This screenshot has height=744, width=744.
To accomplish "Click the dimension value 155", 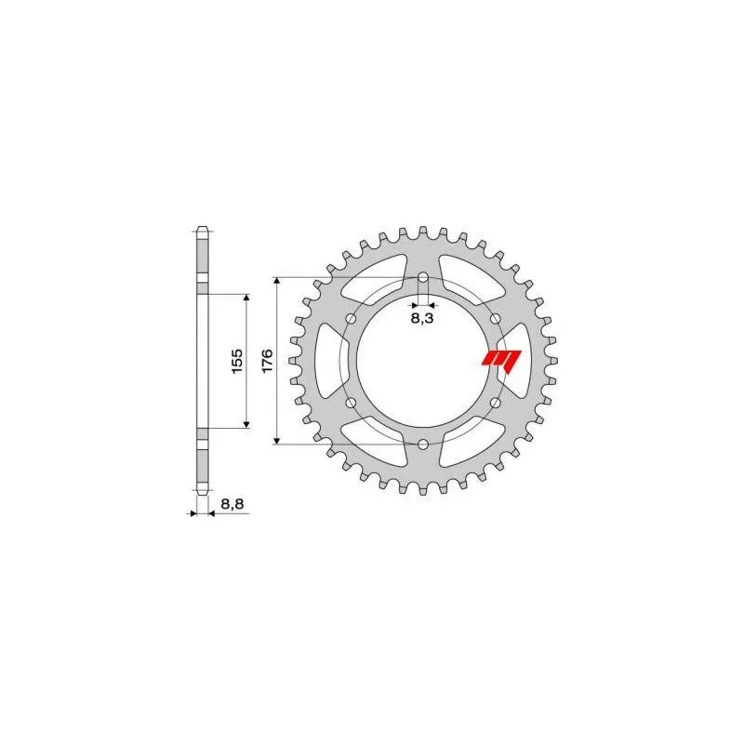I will [x=236, y=360].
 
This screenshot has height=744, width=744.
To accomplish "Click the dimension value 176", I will [x=267, y=360].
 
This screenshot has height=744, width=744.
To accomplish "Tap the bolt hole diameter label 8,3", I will [x=422, y=318].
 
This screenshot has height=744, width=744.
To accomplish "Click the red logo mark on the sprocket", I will [x=502, y=358].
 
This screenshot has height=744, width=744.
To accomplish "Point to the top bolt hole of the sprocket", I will [x=423, y=277].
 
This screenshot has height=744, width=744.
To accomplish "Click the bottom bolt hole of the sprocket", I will [x=423, y=444].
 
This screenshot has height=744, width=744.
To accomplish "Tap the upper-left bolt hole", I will [x=352, y=318].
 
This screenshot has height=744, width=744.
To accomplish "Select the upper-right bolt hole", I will [x=495, y=318].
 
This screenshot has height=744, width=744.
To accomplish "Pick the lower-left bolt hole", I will [x=352, y=402].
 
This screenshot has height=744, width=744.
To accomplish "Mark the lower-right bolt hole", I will [x=495, y=402].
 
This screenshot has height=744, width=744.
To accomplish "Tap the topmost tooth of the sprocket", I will [x=423, y=230].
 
